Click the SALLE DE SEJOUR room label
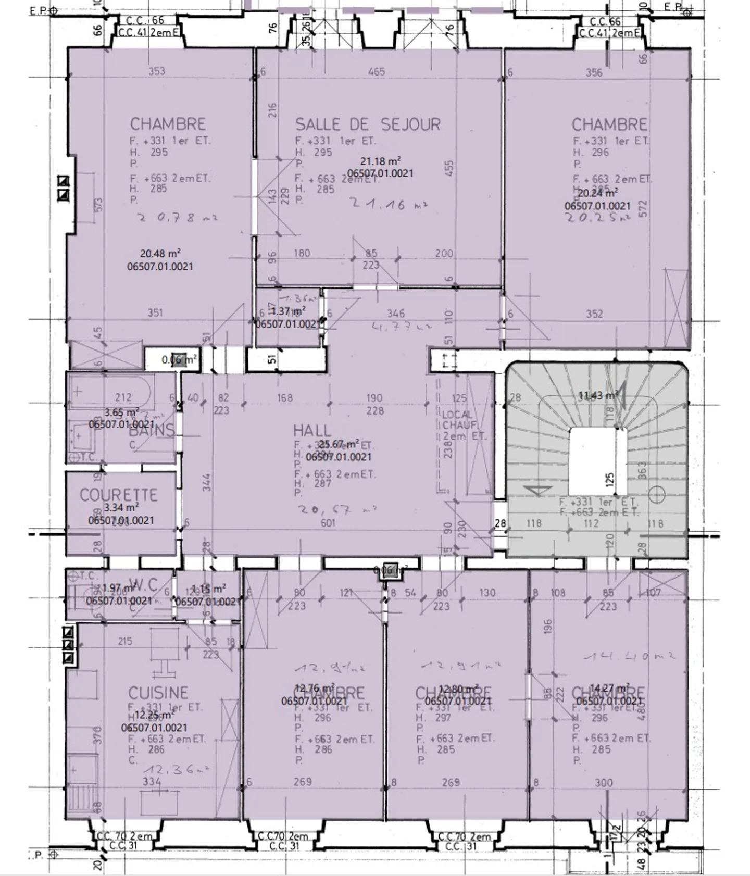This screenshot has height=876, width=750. pos(368,124)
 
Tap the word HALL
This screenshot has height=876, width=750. pos(312,430)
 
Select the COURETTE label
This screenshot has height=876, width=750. pos(118,495)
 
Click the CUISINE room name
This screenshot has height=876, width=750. pos(158,693)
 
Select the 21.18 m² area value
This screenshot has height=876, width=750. pos(380,161)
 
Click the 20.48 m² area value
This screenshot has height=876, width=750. pos(160,254)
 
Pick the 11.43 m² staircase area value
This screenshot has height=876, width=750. pos(598,396)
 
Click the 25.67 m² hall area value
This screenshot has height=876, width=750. pos(339,444)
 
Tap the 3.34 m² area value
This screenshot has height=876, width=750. pos(121,507)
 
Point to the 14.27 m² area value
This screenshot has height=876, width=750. pos(609,689)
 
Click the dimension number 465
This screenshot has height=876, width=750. pos(376,71)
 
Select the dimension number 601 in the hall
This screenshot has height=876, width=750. pos(328,523)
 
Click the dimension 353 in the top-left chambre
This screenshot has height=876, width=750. pos(157,71)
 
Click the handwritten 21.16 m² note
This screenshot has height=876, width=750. pos(388,204)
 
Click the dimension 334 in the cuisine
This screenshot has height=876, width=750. pos(152,781)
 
